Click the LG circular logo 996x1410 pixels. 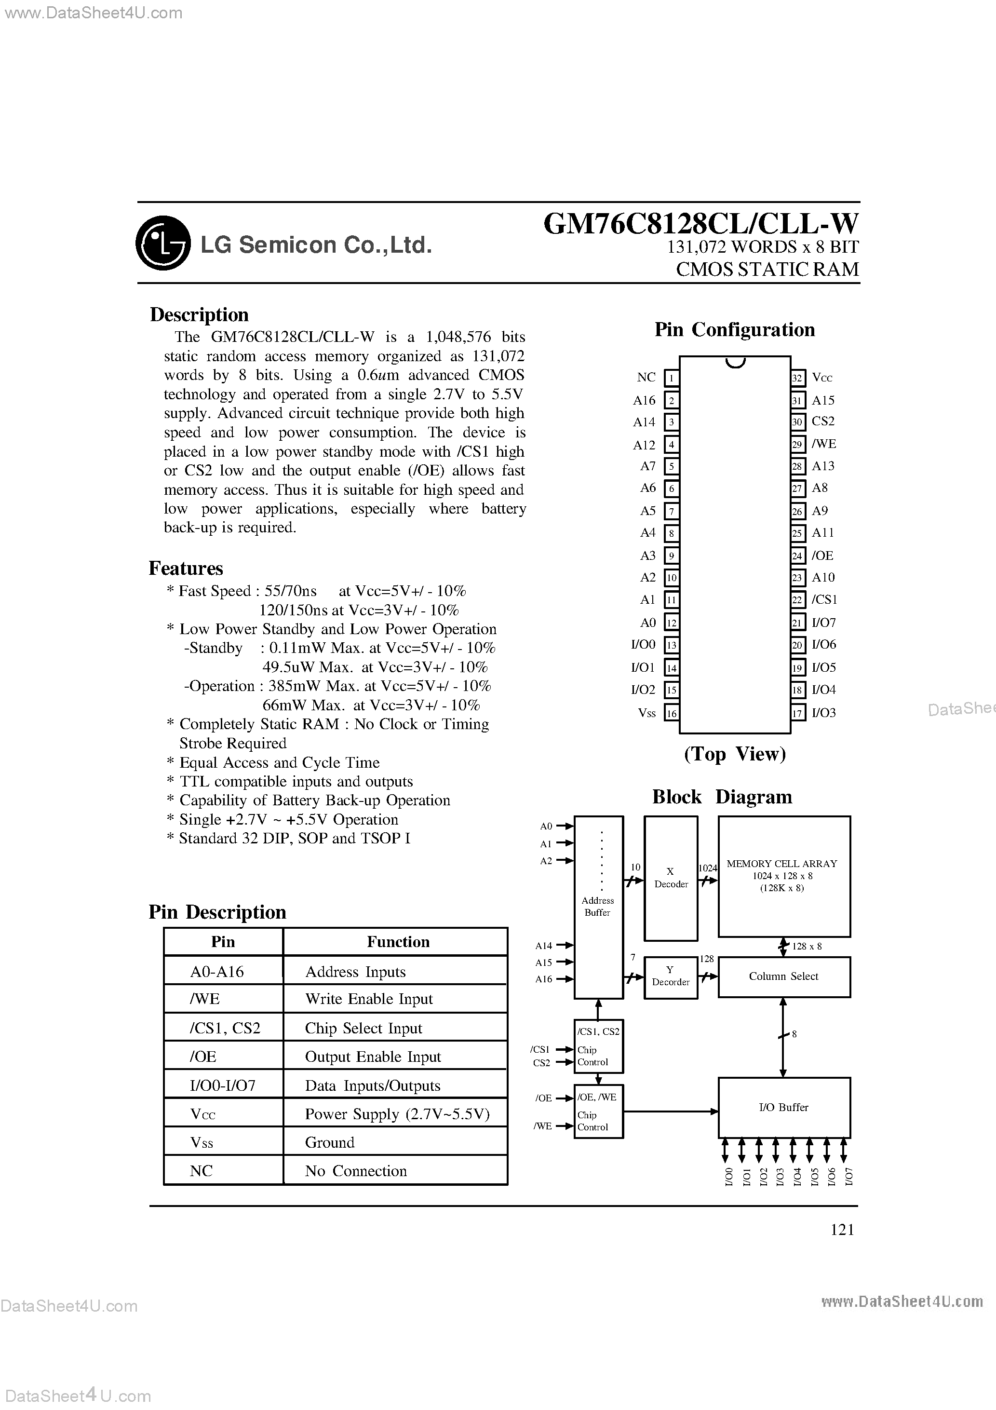click(x=163, y=243)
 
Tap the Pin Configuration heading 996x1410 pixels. click(x=734, y=330)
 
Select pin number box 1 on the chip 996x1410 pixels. click(x=672, y=378)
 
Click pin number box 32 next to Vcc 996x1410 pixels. click(x=797, y=378)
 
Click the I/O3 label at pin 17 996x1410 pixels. click(x=823, y=713)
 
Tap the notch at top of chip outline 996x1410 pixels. click(x=735, y=362)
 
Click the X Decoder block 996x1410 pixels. click(x=671, y=878)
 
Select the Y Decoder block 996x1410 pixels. click(x=671, y=976)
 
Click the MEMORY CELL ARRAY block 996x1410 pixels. click(x=783, y=876)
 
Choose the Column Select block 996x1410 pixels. click(x=783, y=976)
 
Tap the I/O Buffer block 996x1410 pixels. click(x=783, y=1107)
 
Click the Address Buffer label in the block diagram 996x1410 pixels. click(x=597, y=907)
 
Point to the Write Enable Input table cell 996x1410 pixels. click(x=369, y=999)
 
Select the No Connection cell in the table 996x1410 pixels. click(x=356, y=1171)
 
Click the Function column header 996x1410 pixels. click(x=398, y=942)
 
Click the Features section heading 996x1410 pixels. click(x=186, y=568)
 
